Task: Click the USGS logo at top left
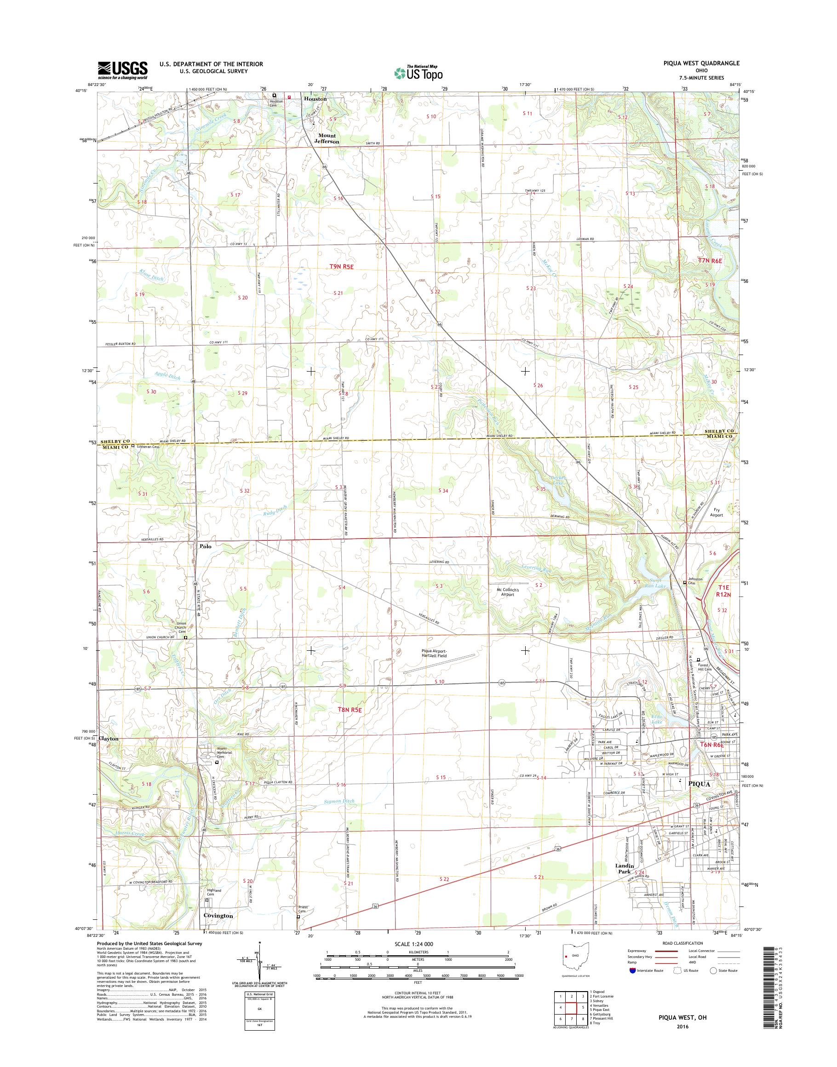click(122, 70)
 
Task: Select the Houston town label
click(315, 98)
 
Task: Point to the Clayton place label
click(108, 738)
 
